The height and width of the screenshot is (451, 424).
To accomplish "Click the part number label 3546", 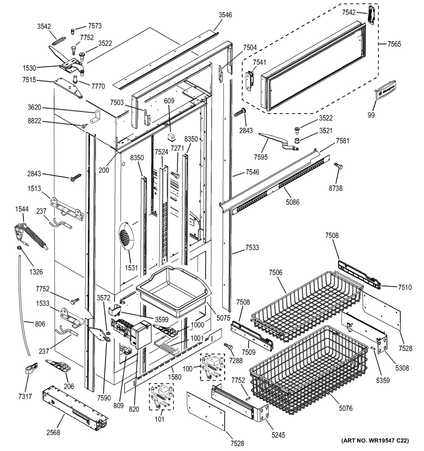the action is (x=225, y=15).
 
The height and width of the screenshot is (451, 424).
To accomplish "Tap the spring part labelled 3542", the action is (x=59, y=41).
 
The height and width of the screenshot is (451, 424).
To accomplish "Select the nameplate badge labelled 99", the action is (x=385, y=90).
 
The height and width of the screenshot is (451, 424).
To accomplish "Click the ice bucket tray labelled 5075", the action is (x=174, y=292).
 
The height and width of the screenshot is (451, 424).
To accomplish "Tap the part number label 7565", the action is (x=394, y=44).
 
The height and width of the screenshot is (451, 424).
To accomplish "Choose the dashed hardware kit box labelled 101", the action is (x=161, y=397).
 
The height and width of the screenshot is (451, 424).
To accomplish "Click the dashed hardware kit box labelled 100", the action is (x=212, y=367).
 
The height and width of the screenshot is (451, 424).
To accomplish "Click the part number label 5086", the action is (x=292, y=202).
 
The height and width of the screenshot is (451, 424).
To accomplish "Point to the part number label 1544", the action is (x=22, y=209).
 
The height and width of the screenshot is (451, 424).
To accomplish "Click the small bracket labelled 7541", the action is (x=250, y=81).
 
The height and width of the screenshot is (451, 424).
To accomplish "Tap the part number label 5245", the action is (x=278, y=435).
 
